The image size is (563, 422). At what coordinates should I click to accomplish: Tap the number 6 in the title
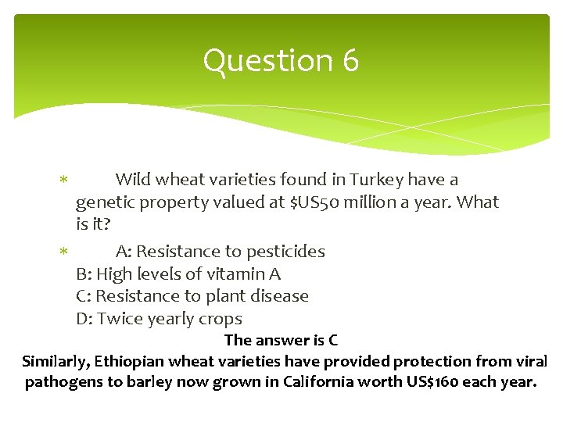coord(350,61)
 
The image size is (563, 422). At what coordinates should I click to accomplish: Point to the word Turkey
coord(377,180)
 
